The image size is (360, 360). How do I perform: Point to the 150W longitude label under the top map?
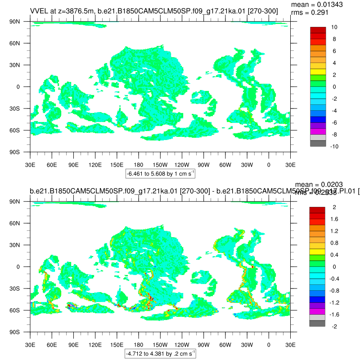tap(160, 165)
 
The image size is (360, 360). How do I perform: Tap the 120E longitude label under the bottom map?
tap(95, 345)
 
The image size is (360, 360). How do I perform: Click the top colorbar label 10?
tap(335, 27)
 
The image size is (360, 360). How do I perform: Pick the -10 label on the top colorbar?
tap(335, 146)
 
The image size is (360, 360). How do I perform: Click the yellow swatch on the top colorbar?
tap(318, 72)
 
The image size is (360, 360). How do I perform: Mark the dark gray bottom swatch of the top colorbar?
tap(318, 143)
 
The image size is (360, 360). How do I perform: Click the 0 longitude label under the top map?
tap(269, 165)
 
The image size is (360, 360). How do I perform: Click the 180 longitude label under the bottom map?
tap(139, 345)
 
